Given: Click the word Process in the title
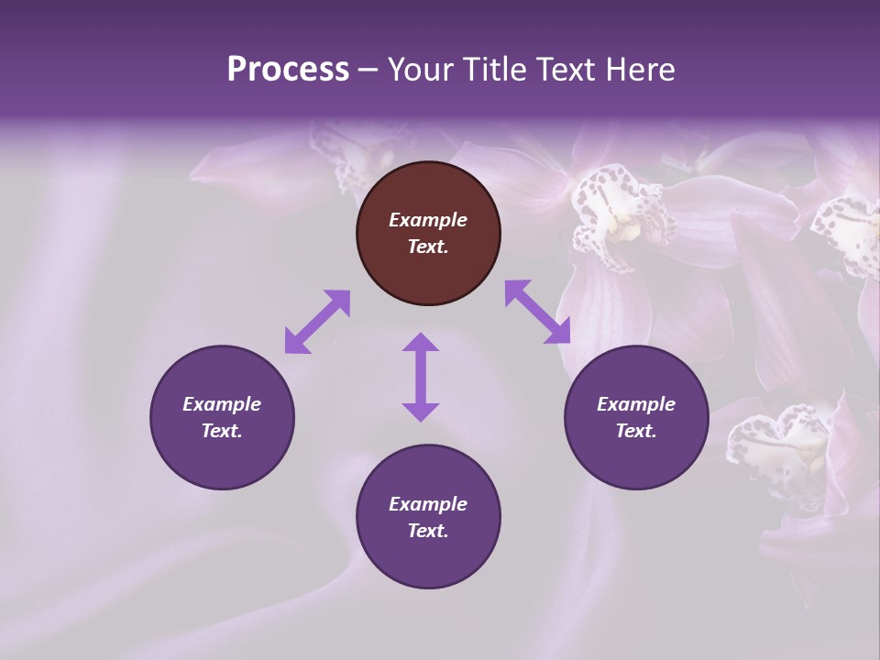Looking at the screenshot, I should (288, 70).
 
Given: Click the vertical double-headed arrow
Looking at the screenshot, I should (421, 377).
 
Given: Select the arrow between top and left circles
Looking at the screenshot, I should (317, 322).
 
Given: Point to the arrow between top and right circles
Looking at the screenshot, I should (538, 312).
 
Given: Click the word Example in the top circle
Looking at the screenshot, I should (428, 220).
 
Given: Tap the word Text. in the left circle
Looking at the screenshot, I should (222, 431).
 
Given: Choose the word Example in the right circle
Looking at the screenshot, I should (636, 404).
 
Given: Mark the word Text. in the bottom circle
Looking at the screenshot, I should (428, 531).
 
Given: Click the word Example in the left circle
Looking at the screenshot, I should (222, 404).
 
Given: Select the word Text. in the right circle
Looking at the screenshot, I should (636, 431).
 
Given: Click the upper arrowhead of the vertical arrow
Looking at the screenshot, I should (421, 343).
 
